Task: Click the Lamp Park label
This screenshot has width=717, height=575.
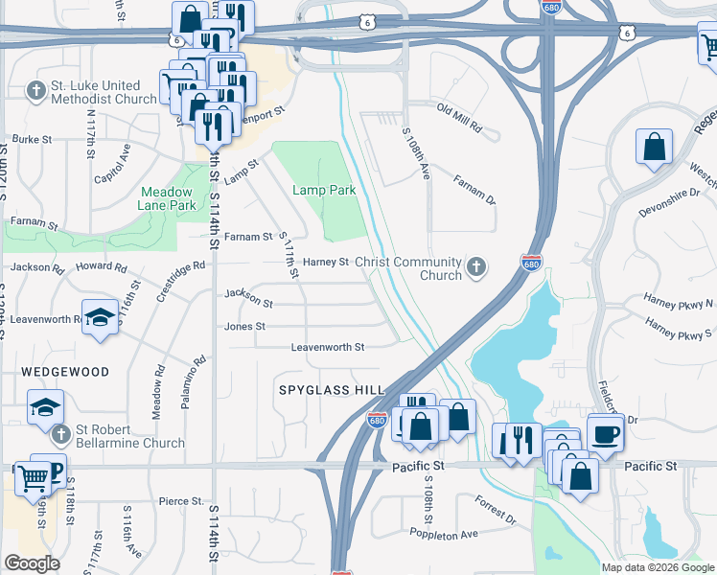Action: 324,191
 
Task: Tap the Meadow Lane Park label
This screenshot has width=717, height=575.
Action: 168,198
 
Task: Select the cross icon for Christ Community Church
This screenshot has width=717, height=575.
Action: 474,268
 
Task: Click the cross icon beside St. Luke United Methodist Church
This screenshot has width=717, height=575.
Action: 35,92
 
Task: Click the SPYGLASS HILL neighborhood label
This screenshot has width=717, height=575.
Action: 331,390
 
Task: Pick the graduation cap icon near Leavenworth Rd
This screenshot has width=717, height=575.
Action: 99,320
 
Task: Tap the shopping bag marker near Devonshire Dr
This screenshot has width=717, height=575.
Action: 654,148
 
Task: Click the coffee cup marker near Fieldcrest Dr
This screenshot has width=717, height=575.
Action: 604,432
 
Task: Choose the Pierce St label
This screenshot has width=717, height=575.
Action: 180,501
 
